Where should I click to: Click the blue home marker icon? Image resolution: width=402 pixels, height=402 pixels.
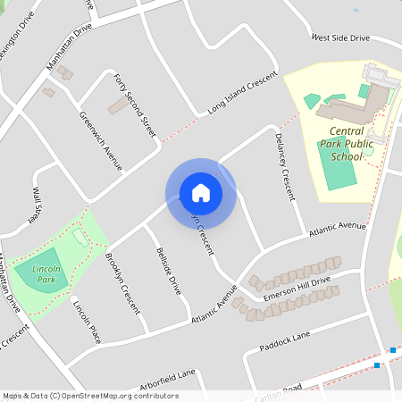(201, 193)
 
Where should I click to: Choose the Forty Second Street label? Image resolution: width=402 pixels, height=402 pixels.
(136, 105)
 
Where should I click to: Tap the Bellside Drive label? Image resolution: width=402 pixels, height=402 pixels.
(169, 272)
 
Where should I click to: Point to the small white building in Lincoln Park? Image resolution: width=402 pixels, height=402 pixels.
(80, 236)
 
